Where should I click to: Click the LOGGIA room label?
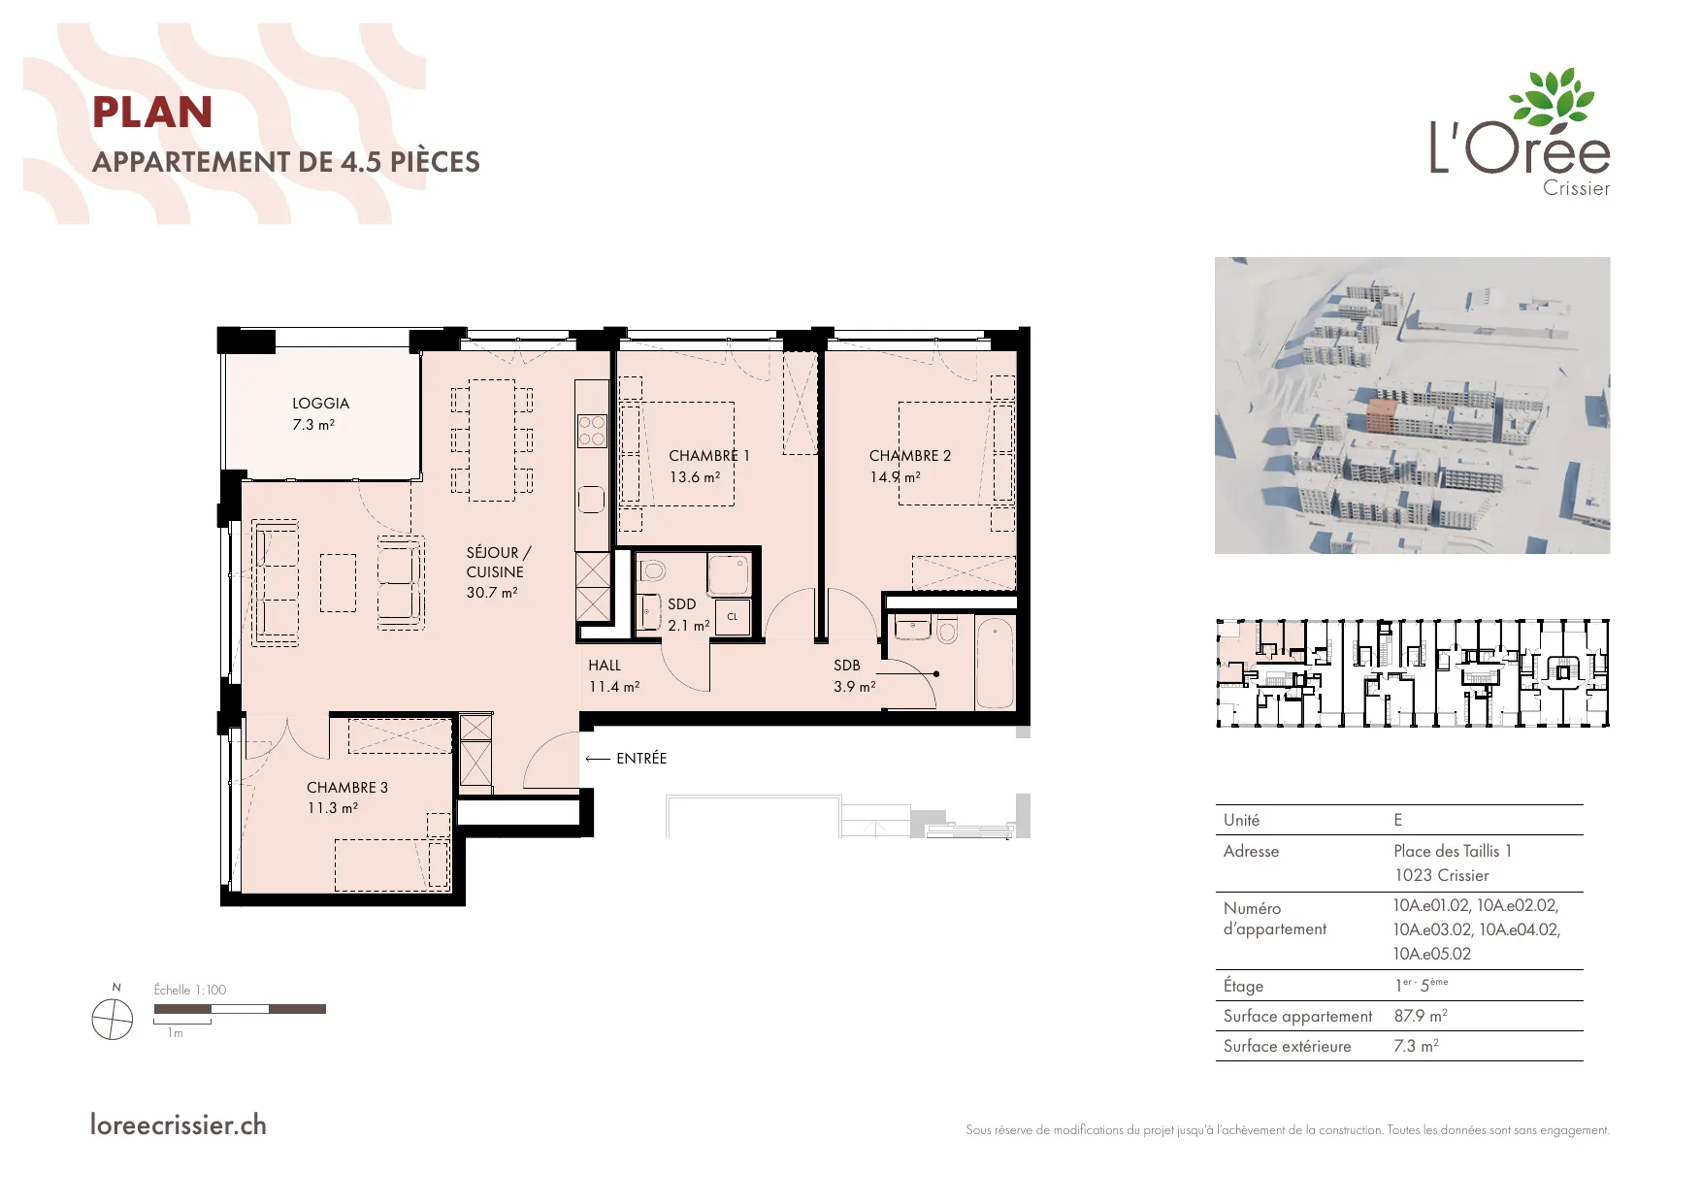click(320, 404)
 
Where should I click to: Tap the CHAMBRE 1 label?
click(709, 456)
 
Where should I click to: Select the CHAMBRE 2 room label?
click(910, 456)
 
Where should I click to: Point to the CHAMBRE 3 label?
click(347, 788)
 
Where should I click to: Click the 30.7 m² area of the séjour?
click(492, 593)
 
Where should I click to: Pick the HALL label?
click(605, 666)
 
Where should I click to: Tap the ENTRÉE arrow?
click(598, 759)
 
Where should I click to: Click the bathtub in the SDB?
click(995, 664)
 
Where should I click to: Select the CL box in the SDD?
click(733, 617)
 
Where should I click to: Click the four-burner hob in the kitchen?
click(592, 431)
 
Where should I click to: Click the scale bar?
click(240, 1009)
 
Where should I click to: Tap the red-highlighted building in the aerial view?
click(1381, 413)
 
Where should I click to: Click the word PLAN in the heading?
click(152, 113)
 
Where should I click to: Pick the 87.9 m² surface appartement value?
click(1421, 1016)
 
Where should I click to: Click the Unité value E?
click(1398, 820)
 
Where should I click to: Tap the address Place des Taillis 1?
click(1453, 851)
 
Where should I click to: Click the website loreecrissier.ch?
click(179, 1124)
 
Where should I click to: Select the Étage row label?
click(1243, 986)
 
